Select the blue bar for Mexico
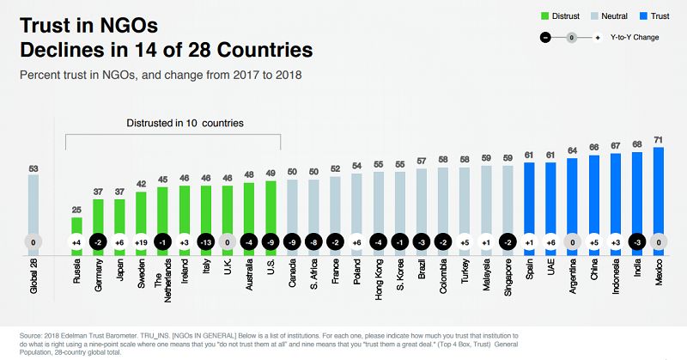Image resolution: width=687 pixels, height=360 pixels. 659,198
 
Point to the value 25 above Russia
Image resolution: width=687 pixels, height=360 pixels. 76,209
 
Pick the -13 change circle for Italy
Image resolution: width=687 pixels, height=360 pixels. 206,242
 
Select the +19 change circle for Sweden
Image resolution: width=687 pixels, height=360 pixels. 142,242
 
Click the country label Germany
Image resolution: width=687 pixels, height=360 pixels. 99,275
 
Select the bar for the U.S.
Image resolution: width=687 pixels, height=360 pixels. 271,215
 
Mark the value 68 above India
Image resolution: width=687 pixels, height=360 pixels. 637,143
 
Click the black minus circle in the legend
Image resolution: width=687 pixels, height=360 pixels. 544,38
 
